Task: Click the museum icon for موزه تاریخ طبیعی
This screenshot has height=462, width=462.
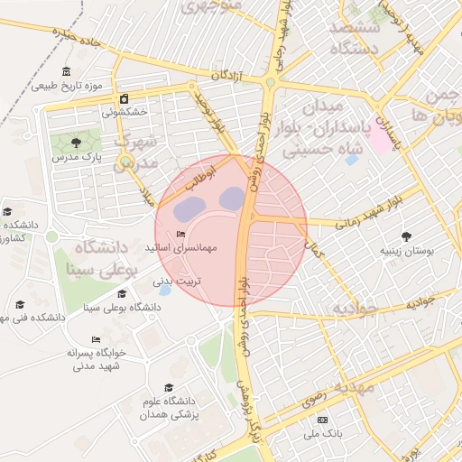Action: pos(66,72)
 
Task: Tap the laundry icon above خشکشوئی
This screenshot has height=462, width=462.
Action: pos(124,99)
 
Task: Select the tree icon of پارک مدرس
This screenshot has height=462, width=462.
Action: pos(75,142)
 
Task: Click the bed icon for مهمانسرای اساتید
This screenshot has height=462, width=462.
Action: pos(180,235)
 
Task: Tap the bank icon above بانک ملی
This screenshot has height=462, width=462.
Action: pos(323,420)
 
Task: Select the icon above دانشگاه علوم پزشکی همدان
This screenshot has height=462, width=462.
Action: pos(168,386)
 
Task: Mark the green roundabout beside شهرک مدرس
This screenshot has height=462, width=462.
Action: pos(125,161)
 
